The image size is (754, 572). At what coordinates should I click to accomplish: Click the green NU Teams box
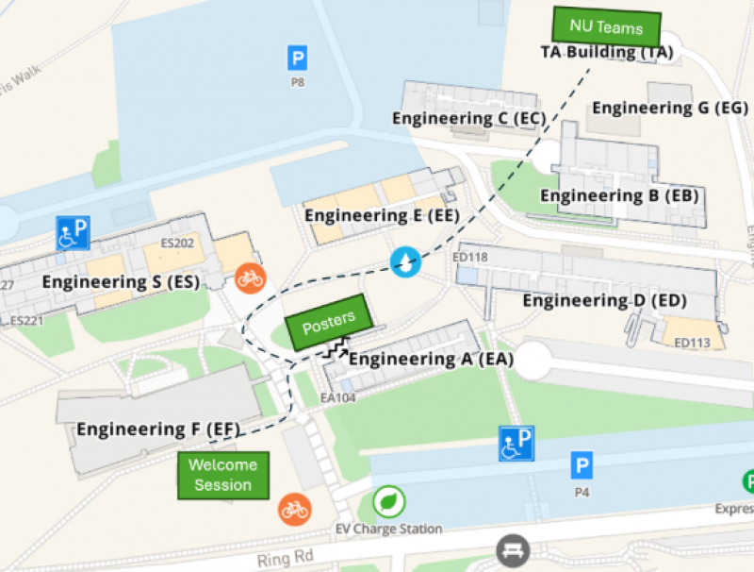click(x=606, y=26)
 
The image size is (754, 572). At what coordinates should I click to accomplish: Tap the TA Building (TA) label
click(x=607, y=53)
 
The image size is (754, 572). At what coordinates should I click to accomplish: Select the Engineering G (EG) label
click(x=670, y=108)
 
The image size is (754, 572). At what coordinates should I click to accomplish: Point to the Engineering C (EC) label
click(x=469, y=119)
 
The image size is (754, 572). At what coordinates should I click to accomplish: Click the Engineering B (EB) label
click(x=619, y=196)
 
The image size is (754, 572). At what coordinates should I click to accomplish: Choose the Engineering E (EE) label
click(x=382, y=216)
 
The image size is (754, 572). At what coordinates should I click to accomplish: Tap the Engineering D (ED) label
click(x=604, y=301)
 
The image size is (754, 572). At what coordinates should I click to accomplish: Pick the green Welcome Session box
click(x=223, y=475)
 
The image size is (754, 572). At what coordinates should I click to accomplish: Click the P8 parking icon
click(x=297, y=59)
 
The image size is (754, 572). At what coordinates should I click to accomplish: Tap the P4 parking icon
click(x=582, y=465)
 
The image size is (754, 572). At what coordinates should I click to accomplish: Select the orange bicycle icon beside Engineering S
click(x=250, y=278)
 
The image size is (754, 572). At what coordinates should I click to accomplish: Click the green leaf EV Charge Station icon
click(x=387, y=502)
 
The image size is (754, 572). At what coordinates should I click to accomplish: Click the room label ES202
click(x=177, y=244)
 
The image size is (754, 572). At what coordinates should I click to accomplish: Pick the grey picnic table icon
click(x=513, y=550)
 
